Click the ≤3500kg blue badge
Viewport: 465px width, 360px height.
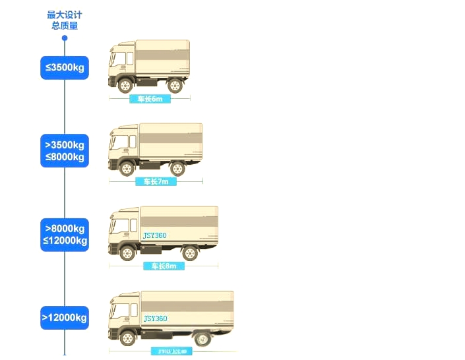point(65,67)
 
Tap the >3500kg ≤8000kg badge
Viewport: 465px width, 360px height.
point(65,151)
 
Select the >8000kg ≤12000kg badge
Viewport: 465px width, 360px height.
point(65,234)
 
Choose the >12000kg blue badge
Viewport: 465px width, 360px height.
point(65,318)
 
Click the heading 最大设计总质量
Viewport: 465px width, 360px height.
point(65,20)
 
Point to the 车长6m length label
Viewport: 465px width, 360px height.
point(150,99)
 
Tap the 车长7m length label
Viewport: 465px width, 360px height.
point(156,181)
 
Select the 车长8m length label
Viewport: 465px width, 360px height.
point(164,266)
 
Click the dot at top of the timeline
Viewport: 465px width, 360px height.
point(65,38)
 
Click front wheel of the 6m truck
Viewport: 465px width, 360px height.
point(124,85)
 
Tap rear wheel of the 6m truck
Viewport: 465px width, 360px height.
point(175,85)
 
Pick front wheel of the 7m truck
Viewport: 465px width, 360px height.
point(125,168)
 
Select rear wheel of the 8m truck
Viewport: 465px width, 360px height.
point(190,253)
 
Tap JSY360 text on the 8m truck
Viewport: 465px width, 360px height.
point(155,235)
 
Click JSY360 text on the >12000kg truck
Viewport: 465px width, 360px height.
point(155,318)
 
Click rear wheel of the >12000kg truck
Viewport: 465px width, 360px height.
point(202,339)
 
